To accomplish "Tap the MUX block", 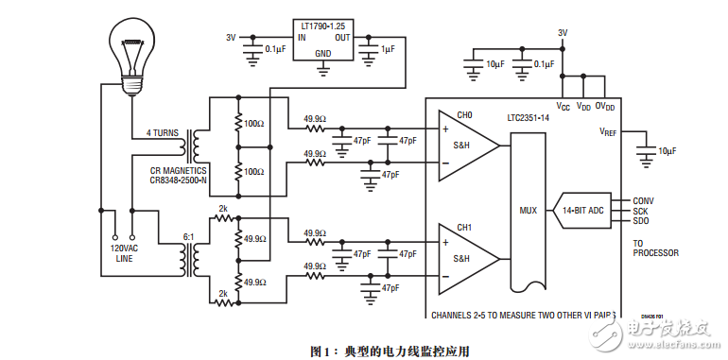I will point(528,210).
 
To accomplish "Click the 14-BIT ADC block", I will point(582,210).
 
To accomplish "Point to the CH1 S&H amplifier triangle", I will point(465,257).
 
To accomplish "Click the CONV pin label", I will point(643,200).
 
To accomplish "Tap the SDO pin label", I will point(640,220).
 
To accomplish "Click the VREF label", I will point(608,132).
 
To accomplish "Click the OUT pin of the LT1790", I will point(341,38).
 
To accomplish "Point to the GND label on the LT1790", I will point(323,54).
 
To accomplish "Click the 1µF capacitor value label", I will point(389,47).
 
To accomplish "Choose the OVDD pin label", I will point(605,107).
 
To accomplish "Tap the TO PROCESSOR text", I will point(654,248).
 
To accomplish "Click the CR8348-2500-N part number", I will point(179,179).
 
